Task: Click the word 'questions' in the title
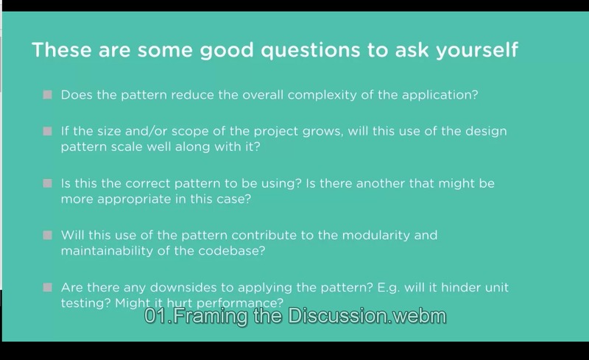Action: click(x=310, y=51)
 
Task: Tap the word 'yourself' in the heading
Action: click(x=476, y=50)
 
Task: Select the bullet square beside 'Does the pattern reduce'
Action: click(x=47, y=95)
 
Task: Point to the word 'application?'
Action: click(x=440, y=95)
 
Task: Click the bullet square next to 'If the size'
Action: click(x=47, y=131)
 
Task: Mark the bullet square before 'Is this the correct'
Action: click(x=47, y=183)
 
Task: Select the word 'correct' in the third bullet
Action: click(x=147, y=183)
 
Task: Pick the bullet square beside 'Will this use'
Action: click(x=47, y=236)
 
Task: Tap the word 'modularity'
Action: click(x=376, y=236)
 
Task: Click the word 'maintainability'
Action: click(x=107, y=250)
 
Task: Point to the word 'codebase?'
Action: click(x=231, y=250)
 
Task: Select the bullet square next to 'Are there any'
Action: click(x=47, y=287)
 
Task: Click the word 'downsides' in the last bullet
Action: click(x=183, y=287)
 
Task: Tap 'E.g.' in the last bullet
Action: click(x=389, y=288)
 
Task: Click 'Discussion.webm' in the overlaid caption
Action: click(x=367, y=316)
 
